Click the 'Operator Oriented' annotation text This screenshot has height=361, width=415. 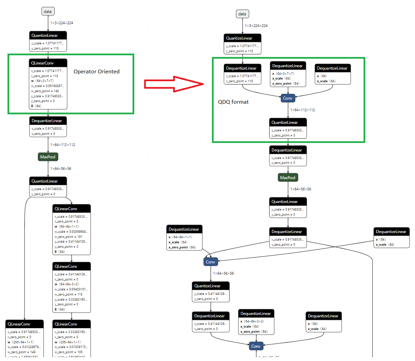pyautogui.click(x=96, y=72)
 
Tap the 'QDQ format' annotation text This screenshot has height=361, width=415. pyautogui.click(x=233, y=102)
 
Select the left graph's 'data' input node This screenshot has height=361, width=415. pyautogui.click(x=48, y=12)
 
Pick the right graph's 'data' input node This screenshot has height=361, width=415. pyautogui.click(x=242, y=14)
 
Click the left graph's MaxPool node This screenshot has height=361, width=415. pyautogui.click(x=48, y=157)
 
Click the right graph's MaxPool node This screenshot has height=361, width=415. pyautogui.click(x=288, y=178)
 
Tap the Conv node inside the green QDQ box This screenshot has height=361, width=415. pyautogui.click(x=288, y=98)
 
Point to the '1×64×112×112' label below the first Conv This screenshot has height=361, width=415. pyautogui.click(x=303, y=110)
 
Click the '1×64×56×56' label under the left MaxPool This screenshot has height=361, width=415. pyautogui.click(x=61, y=169)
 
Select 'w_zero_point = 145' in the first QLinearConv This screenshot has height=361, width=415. pyautogui.click(x=45, y=91)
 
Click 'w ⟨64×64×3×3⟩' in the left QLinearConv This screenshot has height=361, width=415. pyautogui.click(x=67, y=284)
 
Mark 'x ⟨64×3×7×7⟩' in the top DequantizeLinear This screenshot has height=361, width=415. pyautogui.click(x=283, y=74)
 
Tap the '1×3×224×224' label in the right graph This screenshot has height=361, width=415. pyautogui.click(x=256, y=26)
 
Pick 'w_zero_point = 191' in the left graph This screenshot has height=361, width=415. pyautogui.click(x=68, y=237)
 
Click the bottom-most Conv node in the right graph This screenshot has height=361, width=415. pyautogui.click(x=256, y=346)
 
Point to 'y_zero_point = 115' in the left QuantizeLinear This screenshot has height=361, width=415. pyautogui.click(x=45, y=48)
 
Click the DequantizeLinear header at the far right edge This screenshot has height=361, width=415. pyautogui.click(x=391, y=232)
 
